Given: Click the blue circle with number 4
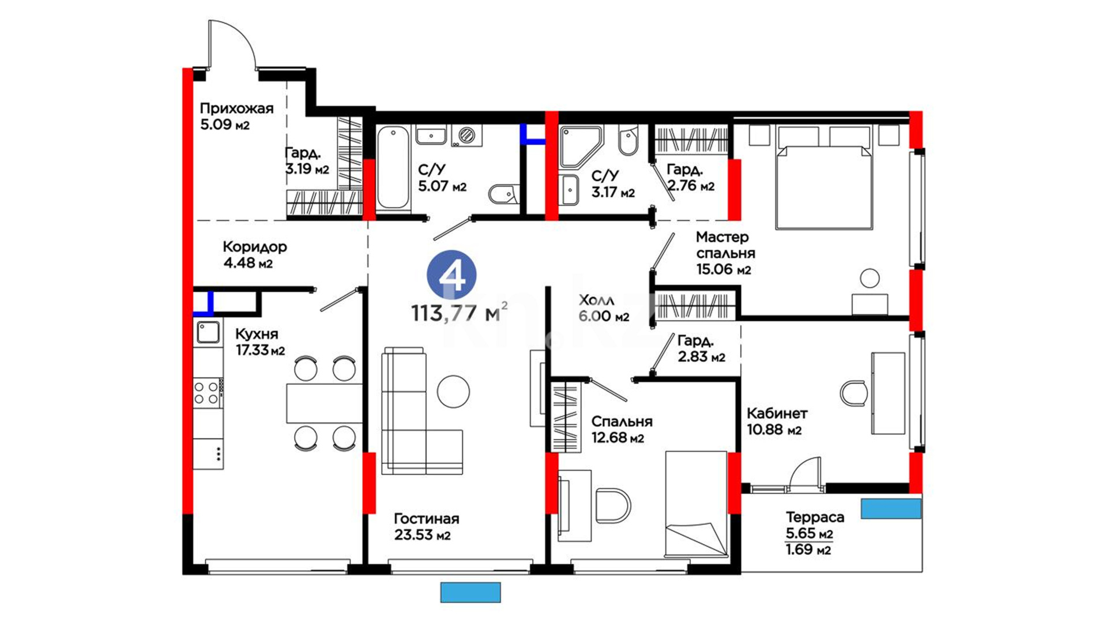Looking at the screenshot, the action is (451, 276).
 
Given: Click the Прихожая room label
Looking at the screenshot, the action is (236, 108).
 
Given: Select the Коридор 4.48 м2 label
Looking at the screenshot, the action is (254, 254).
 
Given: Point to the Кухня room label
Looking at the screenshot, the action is (257, 334).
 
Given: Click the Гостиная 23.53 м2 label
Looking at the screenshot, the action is (427, 527).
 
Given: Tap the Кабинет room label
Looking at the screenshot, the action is (777, 414).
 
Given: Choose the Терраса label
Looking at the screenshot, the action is (815, 517).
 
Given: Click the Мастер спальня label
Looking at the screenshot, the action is (725, 245).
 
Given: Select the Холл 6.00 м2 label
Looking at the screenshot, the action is (604, 308).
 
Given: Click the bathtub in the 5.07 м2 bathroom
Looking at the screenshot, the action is (393, 168).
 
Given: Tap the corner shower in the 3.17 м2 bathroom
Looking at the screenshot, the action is (581, 147).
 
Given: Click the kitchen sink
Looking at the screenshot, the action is (208, 332).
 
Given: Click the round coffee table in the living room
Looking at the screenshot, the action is (453, 392).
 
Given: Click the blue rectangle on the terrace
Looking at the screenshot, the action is (891, 509).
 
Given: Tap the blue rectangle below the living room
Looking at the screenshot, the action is (470, 592).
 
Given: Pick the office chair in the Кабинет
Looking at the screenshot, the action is (854, 393).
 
